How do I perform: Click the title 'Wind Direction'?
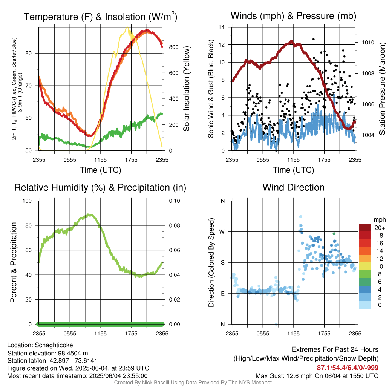pos(293,187)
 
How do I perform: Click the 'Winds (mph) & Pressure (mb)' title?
pos(293,16)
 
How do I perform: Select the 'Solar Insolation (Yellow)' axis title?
pos(186,89)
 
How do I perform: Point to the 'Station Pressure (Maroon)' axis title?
pos(381,89)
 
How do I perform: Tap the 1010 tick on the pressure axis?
pos(368,43)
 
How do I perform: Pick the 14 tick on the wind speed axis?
pos(222,27)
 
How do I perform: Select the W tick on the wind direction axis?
pos(222,231)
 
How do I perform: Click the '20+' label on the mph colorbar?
pos(378,228)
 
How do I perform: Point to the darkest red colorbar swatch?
pos(365,228)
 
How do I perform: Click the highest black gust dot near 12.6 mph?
pos(313,39)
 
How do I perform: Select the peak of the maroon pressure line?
pos(291,41)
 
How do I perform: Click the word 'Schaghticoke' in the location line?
pos(54,345)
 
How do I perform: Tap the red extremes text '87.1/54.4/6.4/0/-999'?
pos(348,368)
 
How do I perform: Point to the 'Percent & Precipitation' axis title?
pos(14,262)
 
